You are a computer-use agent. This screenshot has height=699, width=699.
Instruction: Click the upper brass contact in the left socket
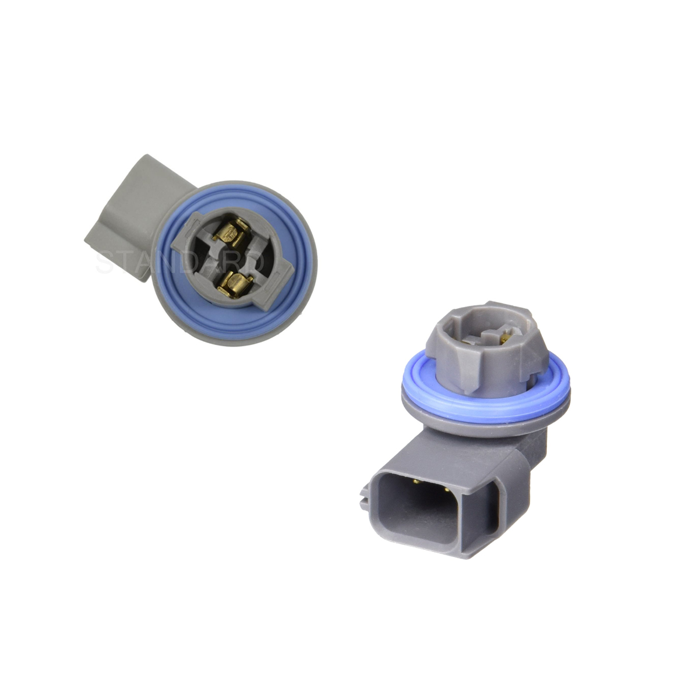(x=230, y=232)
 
